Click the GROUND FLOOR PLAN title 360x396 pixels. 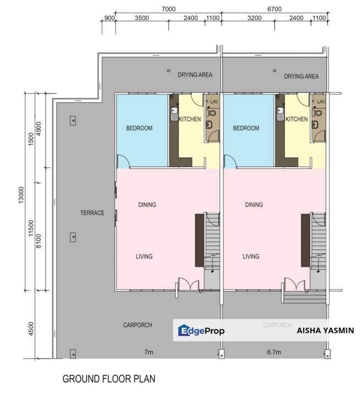pyautogui.click(x=109, y=378)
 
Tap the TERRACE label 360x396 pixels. pyautogui.click(x=92, y=213)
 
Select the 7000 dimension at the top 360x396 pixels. pyautogui.click(x=168, y=9)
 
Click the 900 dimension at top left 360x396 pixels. pyautogui.click(x=109, y=18)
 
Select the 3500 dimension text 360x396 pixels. pyautogui.click(x=142, y=18)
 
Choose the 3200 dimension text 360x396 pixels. pyautogui.click(x=254, y=18)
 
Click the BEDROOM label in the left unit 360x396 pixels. pyautogui.click(x=139, y=128)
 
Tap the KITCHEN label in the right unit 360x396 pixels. pyautogui.click(x=296, y=119)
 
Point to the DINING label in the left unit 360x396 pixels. pyautogui.click(x=147, y=205)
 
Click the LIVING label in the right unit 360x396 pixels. pyautogui.click(x=251, y=256)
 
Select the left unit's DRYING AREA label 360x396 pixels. pyautogui.click(x=195, y=75)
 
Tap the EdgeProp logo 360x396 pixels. pyautogui.click(x=201, y=331)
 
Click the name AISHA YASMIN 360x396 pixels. pyautogui.click(x=325, y=331)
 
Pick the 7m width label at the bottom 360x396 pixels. pyautogui.click(x=148, y=351)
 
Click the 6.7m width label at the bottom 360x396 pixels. pyautogui.click(x=273, y=351)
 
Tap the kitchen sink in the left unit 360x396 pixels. pyautogui.click(x=174, y=114)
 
